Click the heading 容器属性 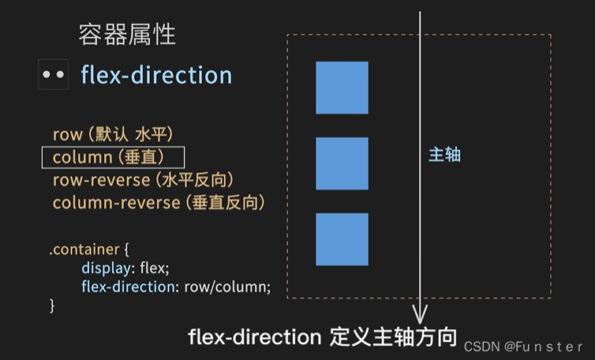point(127,35)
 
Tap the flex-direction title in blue point(156,75)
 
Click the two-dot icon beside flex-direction point(54,75)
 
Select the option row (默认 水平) point(113,135)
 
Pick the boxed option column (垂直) point(113,157)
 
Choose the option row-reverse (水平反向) point(144,180)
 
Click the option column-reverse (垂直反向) point(158,203)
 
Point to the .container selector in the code point(84,249)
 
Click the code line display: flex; point(125,268)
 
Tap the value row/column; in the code point(227,287)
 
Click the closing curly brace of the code point(53,305)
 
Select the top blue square point(342,88)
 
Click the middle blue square point(342,163)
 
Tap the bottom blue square point(342,239)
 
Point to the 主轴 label point(444,156)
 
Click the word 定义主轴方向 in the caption point(391,337)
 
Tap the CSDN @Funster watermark point(523,347)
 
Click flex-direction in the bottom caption point(254,337)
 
